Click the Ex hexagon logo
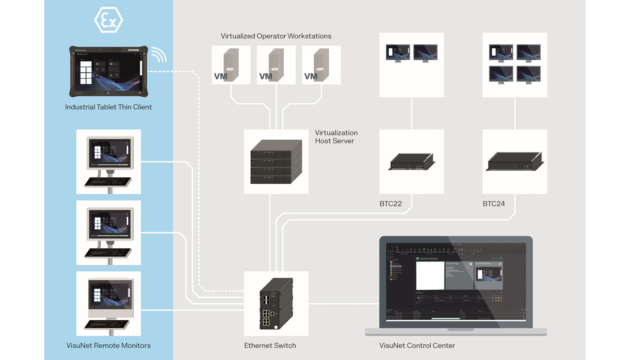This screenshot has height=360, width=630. tap(108, 20)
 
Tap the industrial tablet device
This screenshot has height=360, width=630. tap(108, 71)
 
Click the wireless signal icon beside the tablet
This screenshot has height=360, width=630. tap(159, 55)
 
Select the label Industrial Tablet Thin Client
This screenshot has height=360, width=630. tap(108, 107)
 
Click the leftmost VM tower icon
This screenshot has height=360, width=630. tap(231, 65)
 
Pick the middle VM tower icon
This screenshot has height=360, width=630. tap(276, 65)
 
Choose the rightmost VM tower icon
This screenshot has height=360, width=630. tap(321, 65)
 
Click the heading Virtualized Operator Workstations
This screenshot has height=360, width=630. tap(276, 36)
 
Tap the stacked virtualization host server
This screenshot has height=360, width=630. tap(276, 162)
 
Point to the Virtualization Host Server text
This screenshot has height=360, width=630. tap(336, 137)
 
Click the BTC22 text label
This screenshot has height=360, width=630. tap(391, 204)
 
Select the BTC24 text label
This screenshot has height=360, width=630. tap(494, 204)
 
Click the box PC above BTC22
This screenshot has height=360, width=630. tap(411, 162)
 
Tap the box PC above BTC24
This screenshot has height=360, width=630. tap(515, 162)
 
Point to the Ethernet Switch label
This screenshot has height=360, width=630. tap(270, 346)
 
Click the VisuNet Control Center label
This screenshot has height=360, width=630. tap(417, 346)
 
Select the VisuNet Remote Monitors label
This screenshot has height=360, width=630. tap(108, 346)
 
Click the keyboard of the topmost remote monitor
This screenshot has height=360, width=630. tap(108, 182)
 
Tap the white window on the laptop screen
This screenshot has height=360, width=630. tap(430, 275)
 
